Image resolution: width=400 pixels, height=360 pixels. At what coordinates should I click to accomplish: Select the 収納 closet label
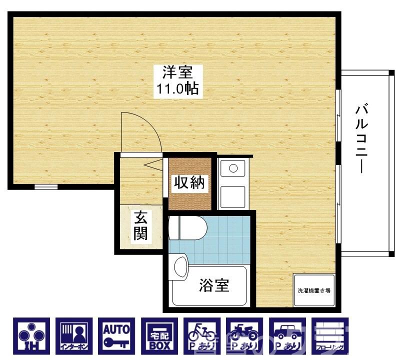point(189,183)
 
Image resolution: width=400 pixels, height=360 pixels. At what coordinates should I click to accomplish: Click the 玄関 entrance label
point(140,225)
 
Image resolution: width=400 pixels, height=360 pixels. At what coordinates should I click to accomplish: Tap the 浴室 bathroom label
point(214,285)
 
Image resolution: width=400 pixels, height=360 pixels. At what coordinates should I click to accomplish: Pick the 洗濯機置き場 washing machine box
point(313,290)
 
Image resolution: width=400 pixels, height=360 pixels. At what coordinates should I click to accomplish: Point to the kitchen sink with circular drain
point(233,168)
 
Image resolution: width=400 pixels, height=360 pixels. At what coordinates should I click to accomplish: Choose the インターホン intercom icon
point(74,334)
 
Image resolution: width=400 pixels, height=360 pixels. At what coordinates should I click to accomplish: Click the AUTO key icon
point(116,334)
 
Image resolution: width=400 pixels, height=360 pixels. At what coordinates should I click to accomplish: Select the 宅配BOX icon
point(159,334)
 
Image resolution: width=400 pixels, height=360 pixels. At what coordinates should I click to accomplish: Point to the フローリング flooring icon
point(328,334)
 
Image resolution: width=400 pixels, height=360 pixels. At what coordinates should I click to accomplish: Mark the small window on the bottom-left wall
point(45,187)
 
